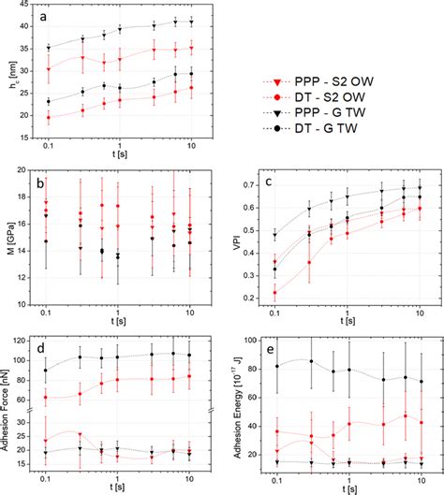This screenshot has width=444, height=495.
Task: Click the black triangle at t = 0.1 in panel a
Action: pyautogui.click(x=47, y=48)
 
